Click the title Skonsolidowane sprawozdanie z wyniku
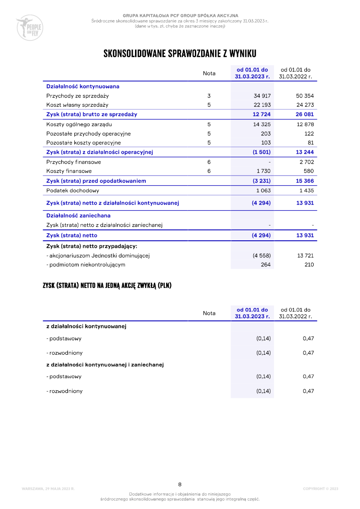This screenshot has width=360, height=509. (180, 54)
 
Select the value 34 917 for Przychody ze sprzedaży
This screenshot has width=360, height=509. (262, 96)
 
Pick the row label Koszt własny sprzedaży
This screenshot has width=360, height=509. (77, 105)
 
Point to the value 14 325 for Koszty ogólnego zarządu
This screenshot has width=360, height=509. (262, 124)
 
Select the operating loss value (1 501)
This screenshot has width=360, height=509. (261, 152)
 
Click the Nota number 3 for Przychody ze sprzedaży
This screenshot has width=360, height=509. (209, 96)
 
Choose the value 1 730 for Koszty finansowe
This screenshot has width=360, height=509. (263, 171)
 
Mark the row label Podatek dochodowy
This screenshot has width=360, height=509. (72, 190)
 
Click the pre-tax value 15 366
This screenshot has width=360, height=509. (304, 181)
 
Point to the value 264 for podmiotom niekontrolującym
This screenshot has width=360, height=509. (265, 265)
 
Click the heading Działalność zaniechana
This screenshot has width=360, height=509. (78, 216)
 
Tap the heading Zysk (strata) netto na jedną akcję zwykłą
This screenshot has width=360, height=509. (107, 285)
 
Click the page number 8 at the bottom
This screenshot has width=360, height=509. (180, 484)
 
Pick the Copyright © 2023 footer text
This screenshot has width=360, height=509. (320, 489)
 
